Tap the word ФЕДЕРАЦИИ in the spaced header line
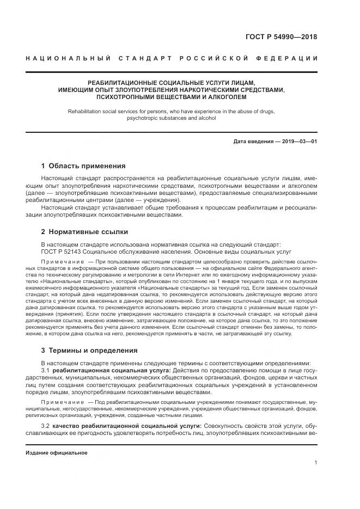(x=290, y=58)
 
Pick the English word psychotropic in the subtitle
(x=143, y=118)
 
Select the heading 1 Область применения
(x=83, y=166)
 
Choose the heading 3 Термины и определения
(x=89, y=351)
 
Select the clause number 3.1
(x=45, y=370)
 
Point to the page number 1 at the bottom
(x=316, y=463)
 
